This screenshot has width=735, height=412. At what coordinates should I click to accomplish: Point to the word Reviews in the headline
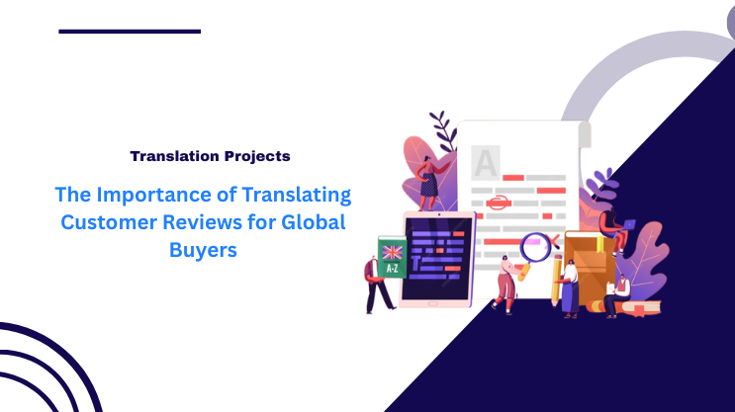point(198,221)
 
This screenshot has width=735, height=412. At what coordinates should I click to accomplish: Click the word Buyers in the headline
point(203,250)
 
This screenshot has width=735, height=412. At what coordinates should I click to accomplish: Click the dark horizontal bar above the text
point(129,31)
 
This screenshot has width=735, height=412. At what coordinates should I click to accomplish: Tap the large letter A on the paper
point(485,162)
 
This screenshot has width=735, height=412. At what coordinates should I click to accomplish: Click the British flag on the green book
point(393,251)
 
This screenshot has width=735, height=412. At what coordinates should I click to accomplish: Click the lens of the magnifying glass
point(535,244)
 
